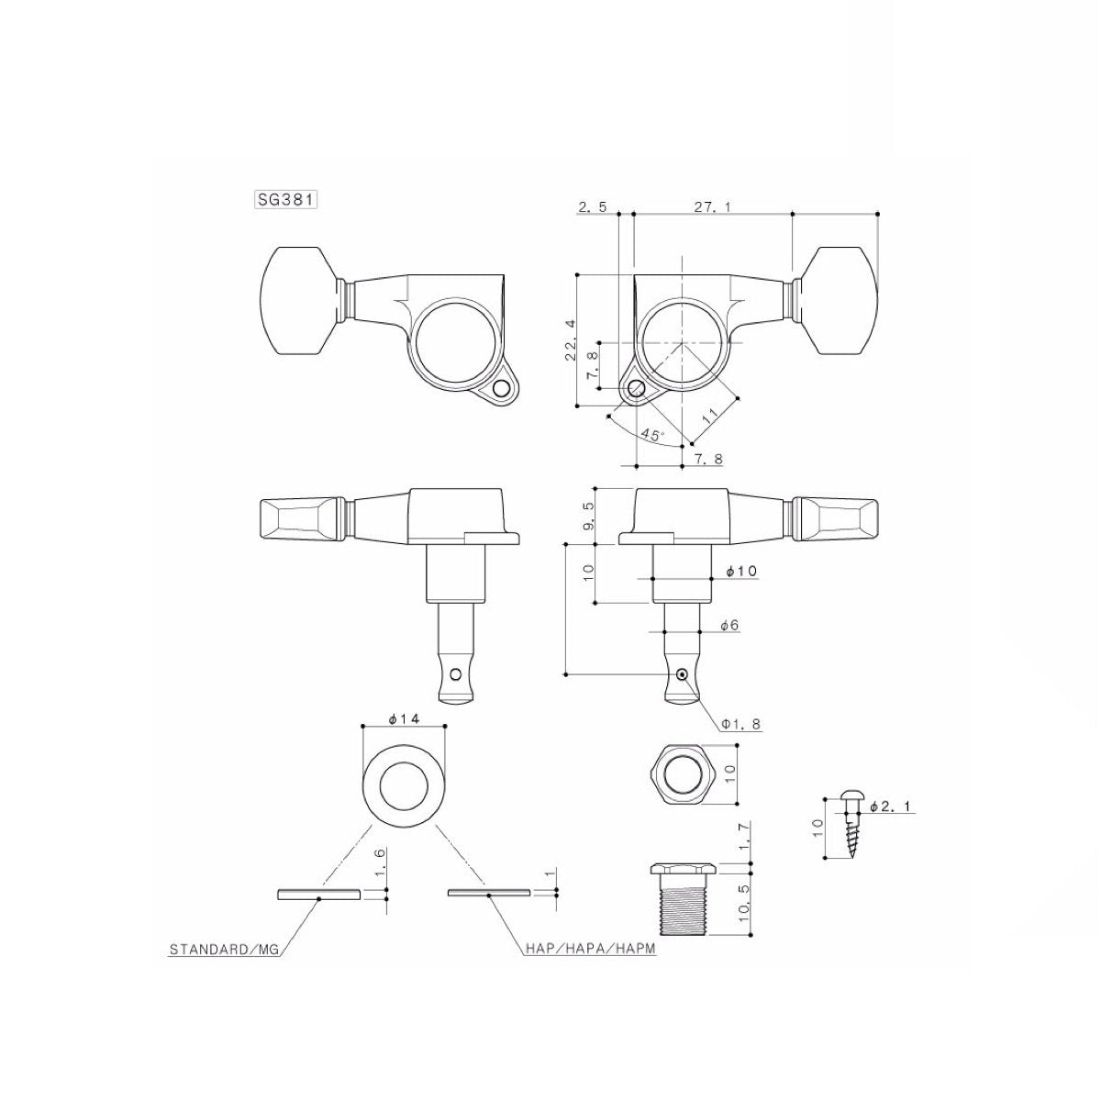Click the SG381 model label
pyautogui.click(x=285, y=199)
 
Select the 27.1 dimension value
pyautogui.click(x=712, y=208)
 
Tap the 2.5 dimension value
pyautogui.click(x=593, y=208)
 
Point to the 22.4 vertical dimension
pyautogui.click(x=571, y=340)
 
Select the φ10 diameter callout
pyautogui.click(x=740, y=572)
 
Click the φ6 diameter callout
pyautogui.click(x=729, y=625)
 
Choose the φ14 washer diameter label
pyautogui.click(x=404, y=720)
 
